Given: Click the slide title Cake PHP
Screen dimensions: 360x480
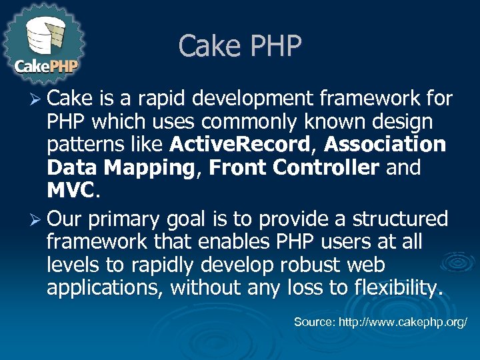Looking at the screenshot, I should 240,46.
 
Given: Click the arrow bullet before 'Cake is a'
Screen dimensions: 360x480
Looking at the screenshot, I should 38,100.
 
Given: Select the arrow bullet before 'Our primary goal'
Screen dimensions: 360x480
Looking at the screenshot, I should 38,219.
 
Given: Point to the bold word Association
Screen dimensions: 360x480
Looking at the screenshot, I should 385,145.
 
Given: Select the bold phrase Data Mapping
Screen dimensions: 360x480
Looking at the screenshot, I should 120,168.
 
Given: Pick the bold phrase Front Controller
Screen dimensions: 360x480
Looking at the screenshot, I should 293,168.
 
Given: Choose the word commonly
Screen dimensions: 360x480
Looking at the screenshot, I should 234,122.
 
